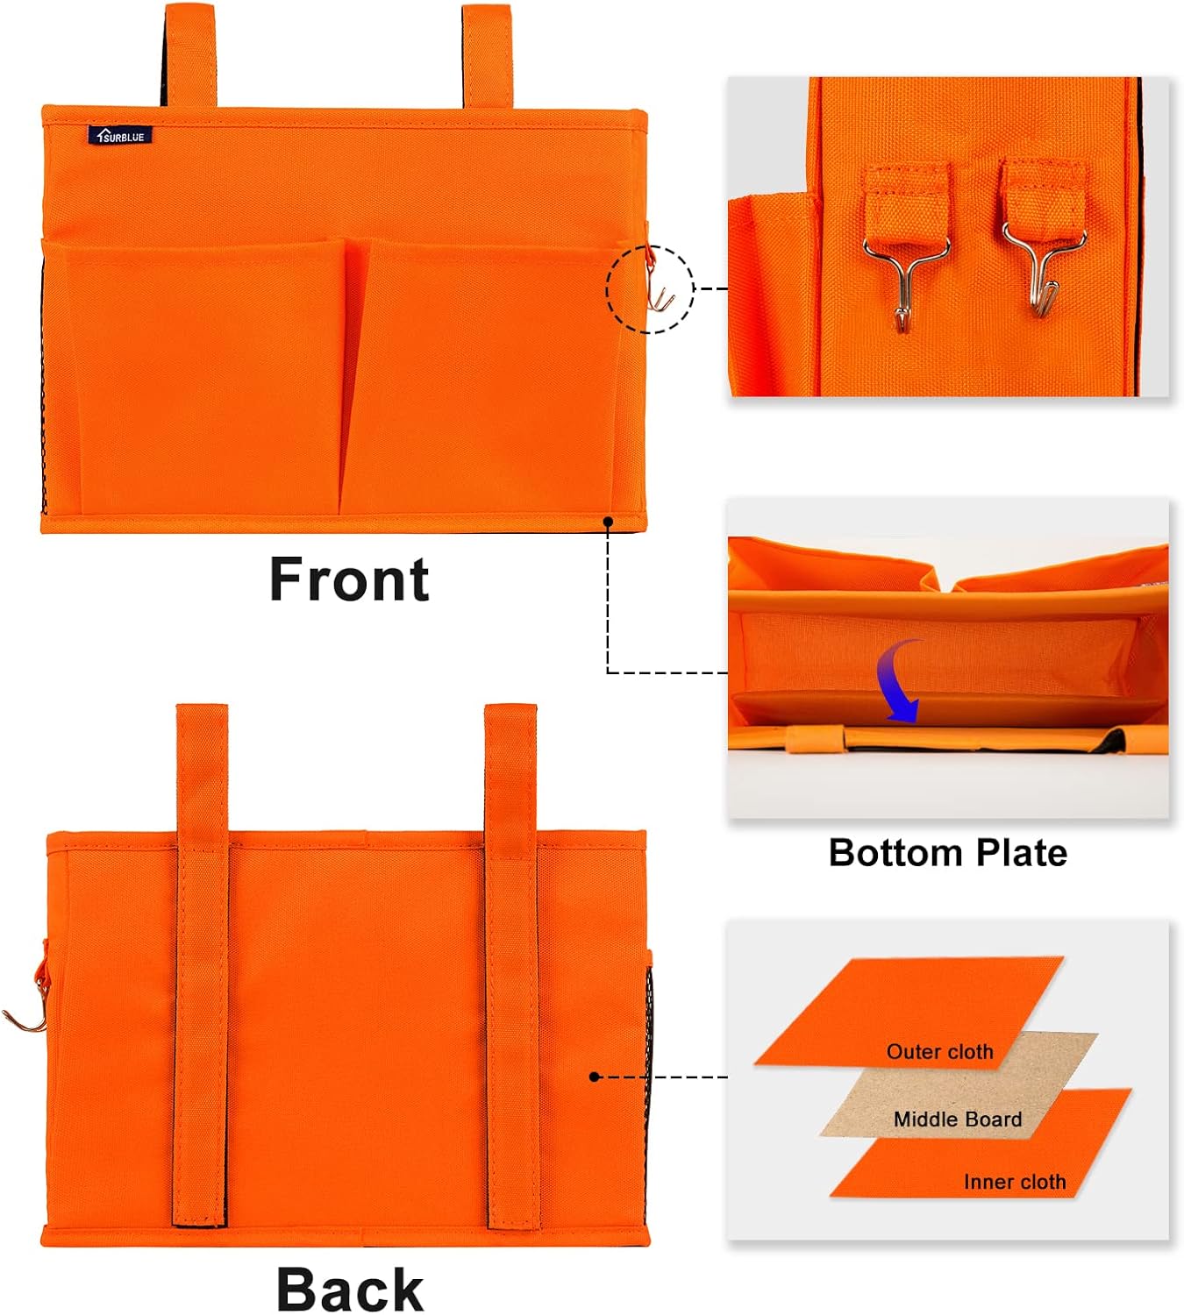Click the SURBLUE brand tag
[x=120, y=136]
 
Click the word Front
[x=349, y=580]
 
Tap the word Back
[x=350, y=1289]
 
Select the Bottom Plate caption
[x=947, y=853]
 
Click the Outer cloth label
[x=939, y=1052]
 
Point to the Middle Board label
[x=958, y=1120]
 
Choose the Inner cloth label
[x=1015, y=1183]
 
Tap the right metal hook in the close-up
[x=1044, y=267]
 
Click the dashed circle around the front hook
[x=650, y=289]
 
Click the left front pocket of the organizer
[x=197, y=377]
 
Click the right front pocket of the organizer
[x=487, y=377]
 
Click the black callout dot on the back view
[x=595, y=1077]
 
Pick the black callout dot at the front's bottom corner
[x=608, y=522]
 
